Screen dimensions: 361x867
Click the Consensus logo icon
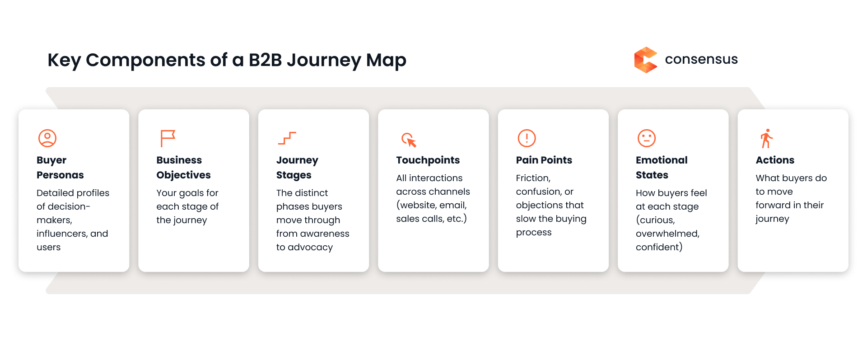click(645, 60)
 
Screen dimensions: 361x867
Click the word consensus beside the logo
click(701, 59)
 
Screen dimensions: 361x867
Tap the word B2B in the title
click(265, 60)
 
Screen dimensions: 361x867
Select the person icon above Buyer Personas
click(47, 138)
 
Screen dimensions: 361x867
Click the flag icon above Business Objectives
click(167, 138)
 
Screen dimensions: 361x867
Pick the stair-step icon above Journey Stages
click(287, 138)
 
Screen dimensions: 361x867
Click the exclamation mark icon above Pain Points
click(527, 138)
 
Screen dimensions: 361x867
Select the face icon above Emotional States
click(646, 138)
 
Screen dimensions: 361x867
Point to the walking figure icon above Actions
click(766, 139)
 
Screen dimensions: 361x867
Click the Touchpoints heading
click(428, 160)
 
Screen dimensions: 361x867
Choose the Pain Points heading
click(544, 160)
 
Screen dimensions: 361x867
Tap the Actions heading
click(775, 160)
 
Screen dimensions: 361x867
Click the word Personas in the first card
click(60, 175)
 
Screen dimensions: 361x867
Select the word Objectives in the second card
click(183, 175)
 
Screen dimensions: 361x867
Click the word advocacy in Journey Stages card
click(310, 248)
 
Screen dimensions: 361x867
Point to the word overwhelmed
click(667, 234)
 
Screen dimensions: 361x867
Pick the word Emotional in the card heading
click(662, 160)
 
